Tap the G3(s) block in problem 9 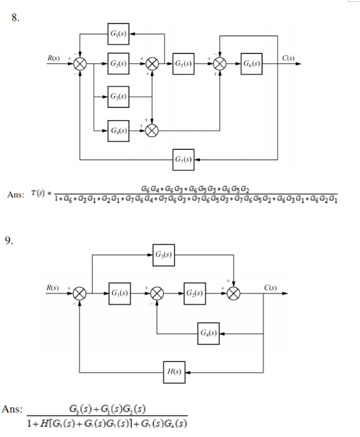pyautogui.click(x=163, y=256)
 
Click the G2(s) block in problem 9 pyautogui.click(x=195, y=294)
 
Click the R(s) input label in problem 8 pyautogui.click(x=54, y=58)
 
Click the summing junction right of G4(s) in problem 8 pyautogui.click(x=152, y=131)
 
